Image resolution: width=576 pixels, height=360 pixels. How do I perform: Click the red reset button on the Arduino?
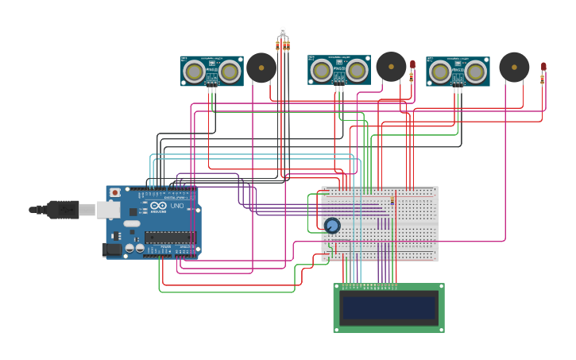click(115, 192)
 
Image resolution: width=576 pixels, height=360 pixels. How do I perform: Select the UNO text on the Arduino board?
click(176, 207)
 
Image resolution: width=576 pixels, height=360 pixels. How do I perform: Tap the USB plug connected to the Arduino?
click(64, 210)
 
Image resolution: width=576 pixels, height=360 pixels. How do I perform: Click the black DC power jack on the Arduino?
click(112, 250)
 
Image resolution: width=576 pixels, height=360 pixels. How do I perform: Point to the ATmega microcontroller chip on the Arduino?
click(168, 236)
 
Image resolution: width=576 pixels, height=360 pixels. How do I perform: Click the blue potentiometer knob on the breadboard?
click(332, 226)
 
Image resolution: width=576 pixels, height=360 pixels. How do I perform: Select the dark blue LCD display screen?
click(389, 308)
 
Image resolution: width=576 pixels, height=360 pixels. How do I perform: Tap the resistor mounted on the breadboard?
click(392, 202)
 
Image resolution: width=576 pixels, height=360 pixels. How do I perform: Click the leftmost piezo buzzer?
click(261, 68)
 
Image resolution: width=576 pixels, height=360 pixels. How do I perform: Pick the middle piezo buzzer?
click(391, 67)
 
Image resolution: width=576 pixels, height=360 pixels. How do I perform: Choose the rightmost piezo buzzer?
click(514, 68)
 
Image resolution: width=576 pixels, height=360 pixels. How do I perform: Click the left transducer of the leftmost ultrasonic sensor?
click(193, 72)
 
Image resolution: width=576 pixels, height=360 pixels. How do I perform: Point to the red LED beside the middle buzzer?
click(412, 64)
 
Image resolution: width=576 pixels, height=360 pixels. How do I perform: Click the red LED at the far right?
click(543, 67)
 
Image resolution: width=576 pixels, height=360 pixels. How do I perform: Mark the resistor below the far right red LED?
click(543, 79)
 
